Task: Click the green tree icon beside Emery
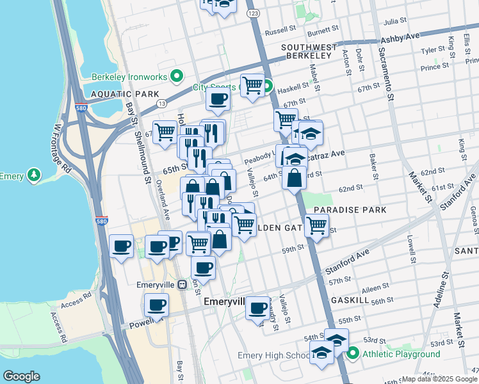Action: pos(33,175)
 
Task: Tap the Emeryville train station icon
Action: pos(182,284)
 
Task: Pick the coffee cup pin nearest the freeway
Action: pos(121,246)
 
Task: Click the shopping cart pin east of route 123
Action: pos(316,226)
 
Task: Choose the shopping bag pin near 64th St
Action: pos(294,179)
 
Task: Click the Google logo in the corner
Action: pos(21,376)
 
